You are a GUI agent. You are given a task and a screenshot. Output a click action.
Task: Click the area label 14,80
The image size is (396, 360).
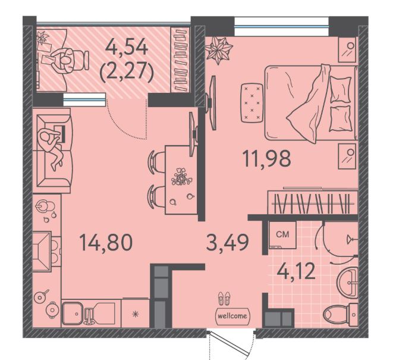[x=106, y=242]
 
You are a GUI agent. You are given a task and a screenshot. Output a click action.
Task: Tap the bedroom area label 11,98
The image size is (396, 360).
[x=267, y=158]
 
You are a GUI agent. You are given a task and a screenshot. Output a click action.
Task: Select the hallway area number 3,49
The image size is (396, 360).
[x=227, y=242]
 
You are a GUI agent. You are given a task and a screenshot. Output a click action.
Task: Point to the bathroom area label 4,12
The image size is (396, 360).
[x=296, y=271]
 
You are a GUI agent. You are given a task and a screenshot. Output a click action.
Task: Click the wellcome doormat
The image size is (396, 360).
[x=232, y=316]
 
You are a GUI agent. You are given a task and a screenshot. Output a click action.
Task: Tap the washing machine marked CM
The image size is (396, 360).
[x=282, y=235]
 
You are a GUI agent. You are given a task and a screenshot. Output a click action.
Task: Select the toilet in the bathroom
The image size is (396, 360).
[x=341, y=315]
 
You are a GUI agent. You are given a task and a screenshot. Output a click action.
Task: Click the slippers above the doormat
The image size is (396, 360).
[x=224, y=298]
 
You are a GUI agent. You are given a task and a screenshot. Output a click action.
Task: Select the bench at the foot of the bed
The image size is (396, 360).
[x=252, y=102]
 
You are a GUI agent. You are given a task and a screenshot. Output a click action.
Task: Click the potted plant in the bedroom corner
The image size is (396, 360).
[x=218, y=50]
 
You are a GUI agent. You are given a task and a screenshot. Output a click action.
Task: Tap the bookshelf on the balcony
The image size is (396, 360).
[x=180, y=60]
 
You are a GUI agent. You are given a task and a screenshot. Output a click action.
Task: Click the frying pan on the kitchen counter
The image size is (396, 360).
[x=41, y=296]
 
